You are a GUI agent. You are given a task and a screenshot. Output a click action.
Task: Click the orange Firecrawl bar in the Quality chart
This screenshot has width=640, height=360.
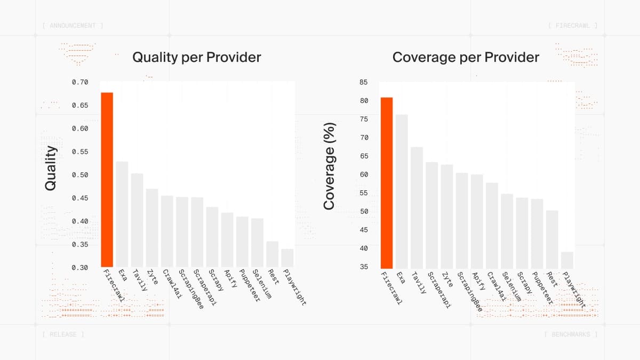pyautogui.click(x=107, y=180)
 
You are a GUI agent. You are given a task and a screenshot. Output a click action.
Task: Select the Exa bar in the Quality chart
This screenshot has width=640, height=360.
pyautogui.click(x=122, y=214)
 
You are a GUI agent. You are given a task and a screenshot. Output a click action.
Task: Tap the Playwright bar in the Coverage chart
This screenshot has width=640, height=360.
pyautogui.click(x=567, y=260)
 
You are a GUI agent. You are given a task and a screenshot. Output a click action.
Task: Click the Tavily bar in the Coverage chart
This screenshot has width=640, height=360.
pyautogui.click(x=417, y=207)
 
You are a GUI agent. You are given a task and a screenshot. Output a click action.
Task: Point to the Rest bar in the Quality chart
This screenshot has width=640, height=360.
pyautogui.click(x=273, y=254)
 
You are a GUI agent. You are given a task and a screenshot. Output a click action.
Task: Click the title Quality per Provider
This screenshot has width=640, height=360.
pyautogui.click(x=196, y=57)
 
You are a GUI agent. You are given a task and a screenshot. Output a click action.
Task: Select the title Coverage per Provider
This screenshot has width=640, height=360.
pyautogui.click(x=466, y=57)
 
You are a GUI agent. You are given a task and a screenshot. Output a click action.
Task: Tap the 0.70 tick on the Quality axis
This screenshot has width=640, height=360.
pyautogui.click(x=80, y=82)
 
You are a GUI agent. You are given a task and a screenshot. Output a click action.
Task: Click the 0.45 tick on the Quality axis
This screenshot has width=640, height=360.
pyautogui.click(x=80, y=198)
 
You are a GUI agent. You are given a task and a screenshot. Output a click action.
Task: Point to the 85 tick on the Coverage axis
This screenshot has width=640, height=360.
pyautogui.click(x=364, y=82)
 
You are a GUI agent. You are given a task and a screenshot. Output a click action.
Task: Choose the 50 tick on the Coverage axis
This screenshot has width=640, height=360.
pyautogui.click(x=364, y=211)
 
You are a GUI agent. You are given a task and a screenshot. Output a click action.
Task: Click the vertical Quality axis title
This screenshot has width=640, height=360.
pyautogui.click(x=51, y=168)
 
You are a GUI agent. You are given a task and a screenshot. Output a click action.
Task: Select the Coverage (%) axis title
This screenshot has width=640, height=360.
pyautogui.click(x=329, y=166)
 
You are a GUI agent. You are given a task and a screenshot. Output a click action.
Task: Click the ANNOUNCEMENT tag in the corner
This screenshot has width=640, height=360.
pyautogui.click(x=72, y=26)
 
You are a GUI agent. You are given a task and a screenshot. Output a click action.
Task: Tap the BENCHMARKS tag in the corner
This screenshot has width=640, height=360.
pyautogui.click(x=571, y=334)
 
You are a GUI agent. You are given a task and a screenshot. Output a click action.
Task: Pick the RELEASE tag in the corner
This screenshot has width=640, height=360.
pyautogui.click(x=62, y=334)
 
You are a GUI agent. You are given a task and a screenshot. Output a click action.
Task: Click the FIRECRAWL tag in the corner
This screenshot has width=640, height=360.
pyautogui.click(x=573, y=26)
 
